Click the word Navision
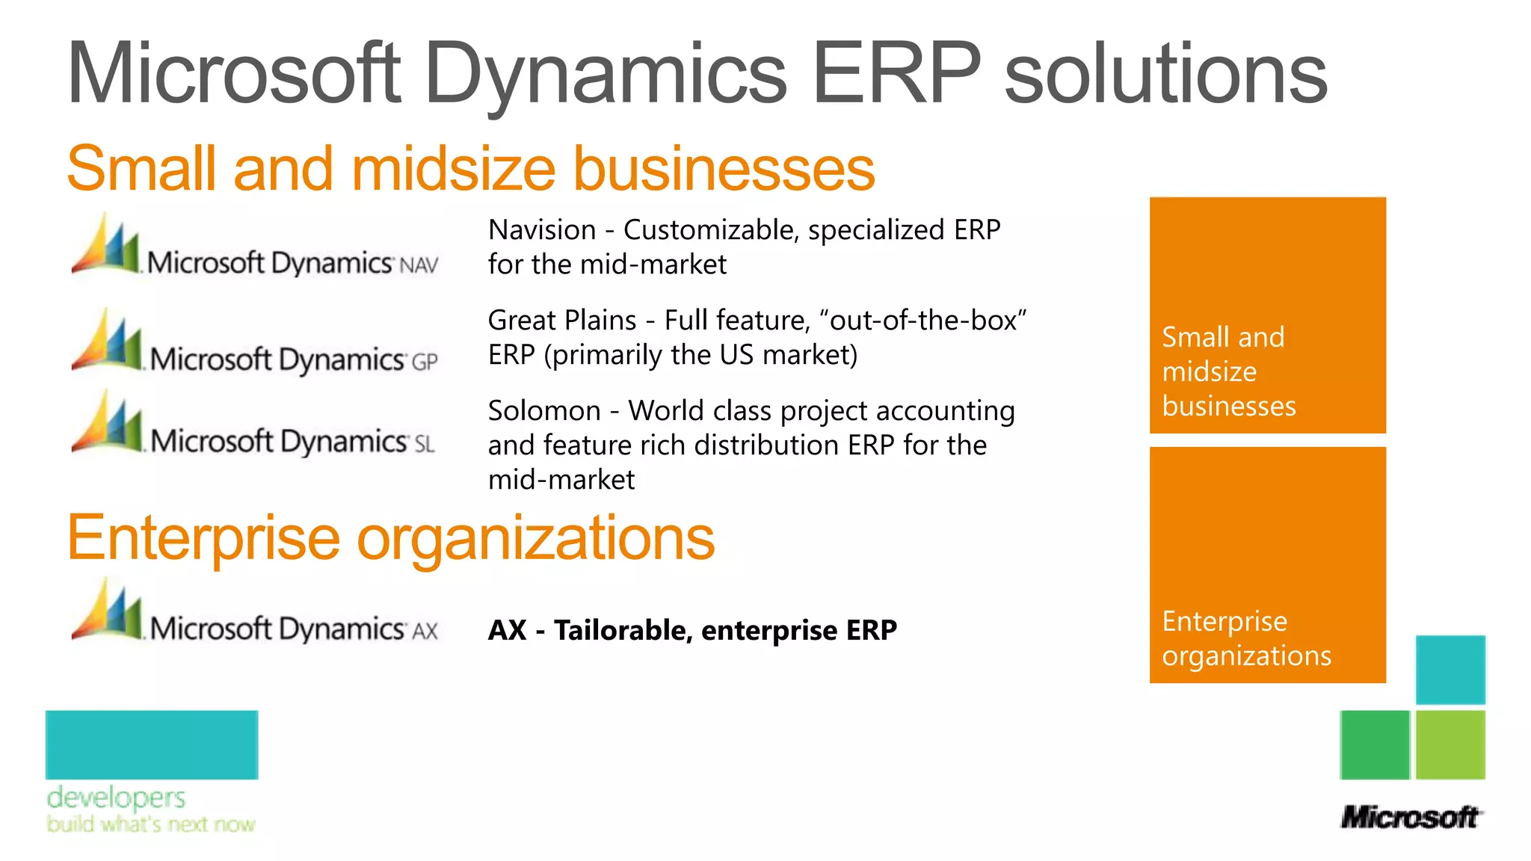[x=542, y=230]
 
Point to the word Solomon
[x=544, y=411]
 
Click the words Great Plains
[x=562, y=321]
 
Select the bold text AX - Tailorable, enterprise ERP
[x=692, y=630]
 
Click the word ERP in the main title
[x=896, y=73]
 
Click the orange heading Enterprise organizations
[x=390, y=538]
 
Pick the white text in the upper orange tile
[x=1228, y=371]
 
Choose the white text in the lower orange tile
[x=1246, y=638]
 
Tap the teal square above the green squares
[x=1450, y=670]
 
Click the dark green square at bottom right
[x=1375, y=744]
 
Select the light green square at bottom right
[x=1450, y=744]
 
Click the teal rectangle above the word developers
[x=152, y=744]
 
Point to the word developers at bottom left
[x=116, y=797]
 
